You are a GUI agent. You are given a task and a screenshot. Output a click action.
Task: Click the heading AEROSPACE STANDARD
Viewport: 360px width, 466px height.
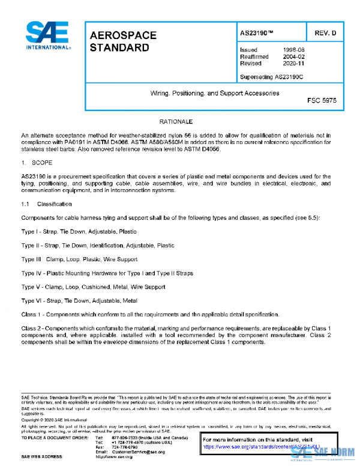tap(123, 41)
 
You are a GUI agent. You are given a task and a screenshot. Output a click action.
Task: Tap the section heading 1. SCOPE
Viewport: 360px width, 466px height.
tap(38, 163)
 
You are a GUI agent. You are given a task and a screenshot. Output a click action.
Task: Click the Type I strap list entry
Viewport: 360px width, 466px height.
tap(79, 231)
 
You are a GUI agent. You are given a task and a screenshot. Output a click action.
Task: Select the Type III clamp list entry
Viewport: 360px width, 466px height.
tap(85, 259)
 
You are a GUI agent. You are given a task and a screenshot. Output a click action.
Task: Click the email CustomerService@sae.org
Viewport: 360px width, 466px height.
tap(138, 451)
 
